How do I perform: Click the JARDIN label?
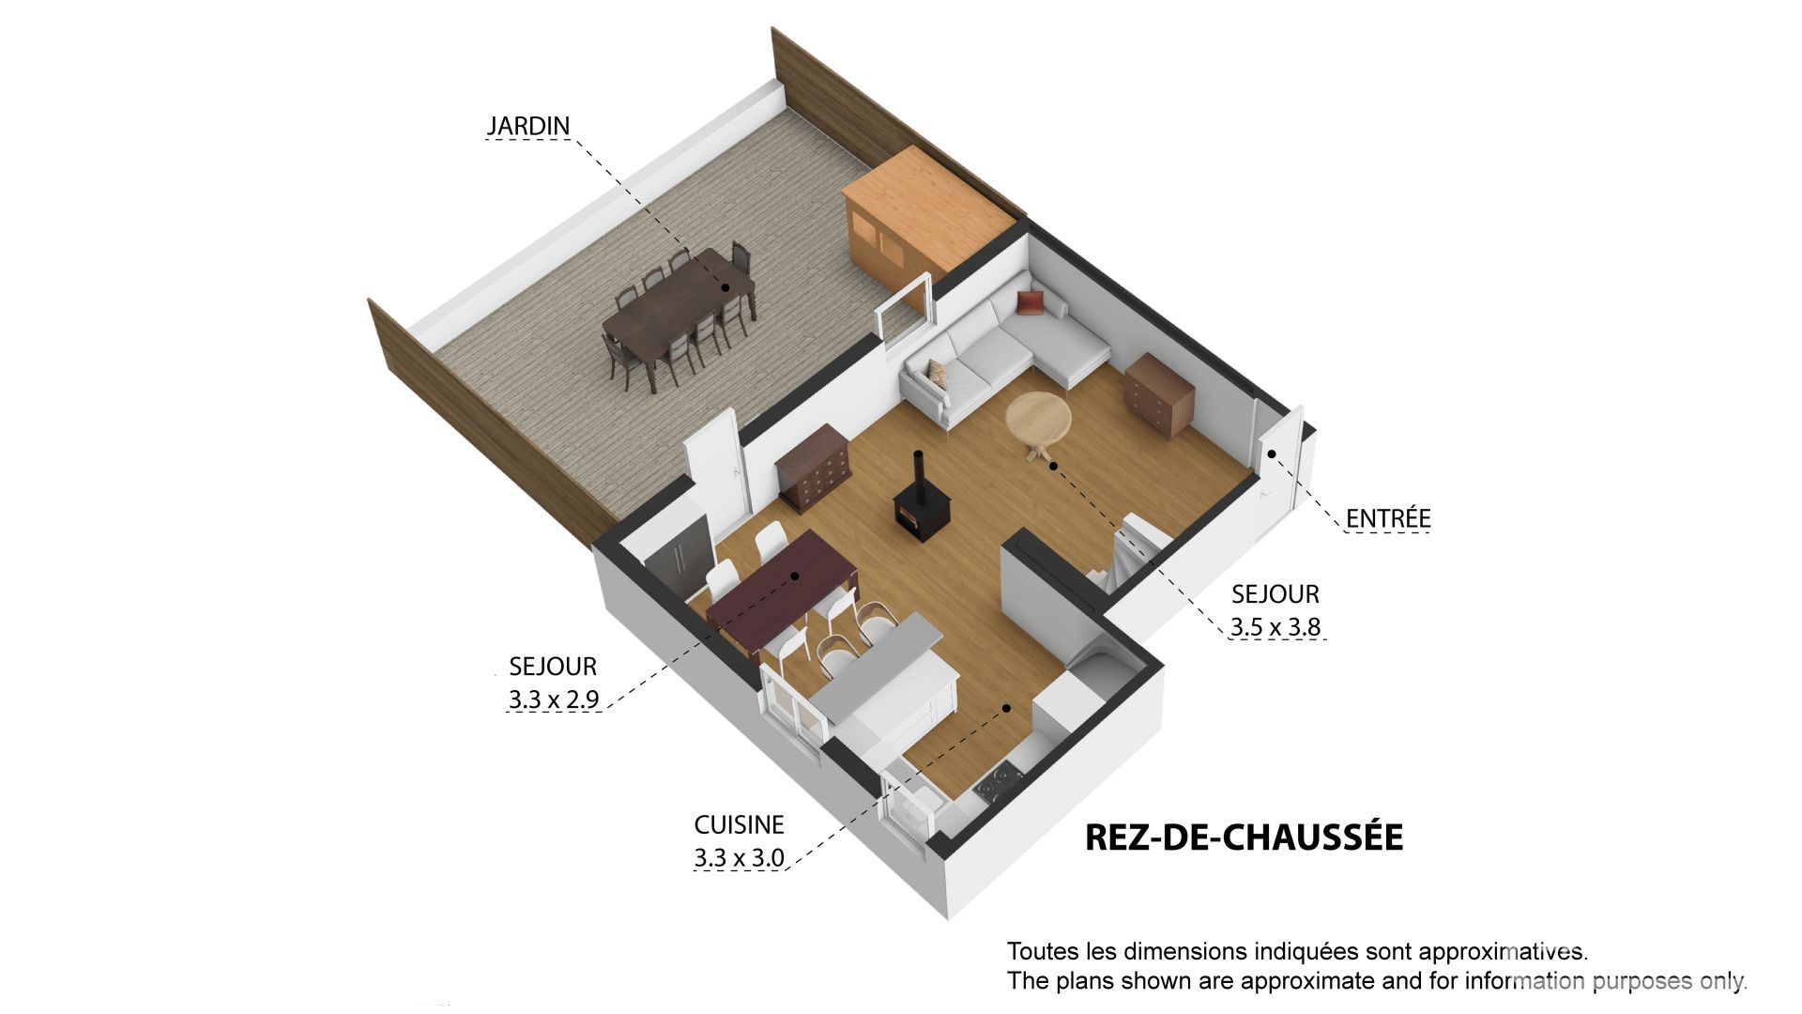(528, 126)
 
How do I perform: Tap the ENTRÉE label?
(1388, 518)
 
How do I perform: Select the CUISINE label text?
(739, 825)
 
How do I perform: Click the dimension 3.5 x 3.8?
(1276, 627)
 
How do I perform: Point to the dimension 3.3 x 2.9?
(554, 699)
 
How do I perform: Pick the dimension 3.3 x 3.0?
(739, 858)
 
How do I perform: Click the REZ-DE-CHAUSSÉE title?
(1244, 837)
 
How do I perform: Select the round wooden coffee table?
(1038, 422)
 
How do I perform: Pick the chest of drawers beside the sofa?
(1159, 394)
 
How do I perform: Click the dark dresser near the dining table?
(813, 467)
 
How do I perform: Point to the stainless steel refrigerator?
(678, 561)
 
